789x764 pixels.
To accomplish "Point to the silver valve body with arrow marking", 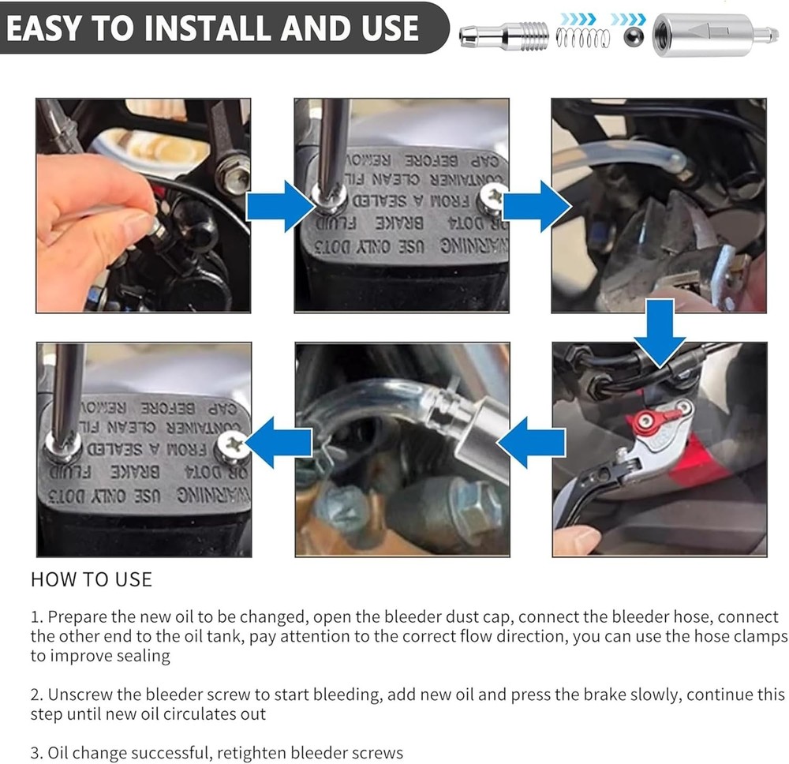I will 706,36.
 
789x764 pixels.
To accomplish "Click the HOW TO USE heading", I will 91,579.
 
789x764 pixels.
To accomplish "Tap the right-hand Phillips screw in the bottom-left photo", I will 232,447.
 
